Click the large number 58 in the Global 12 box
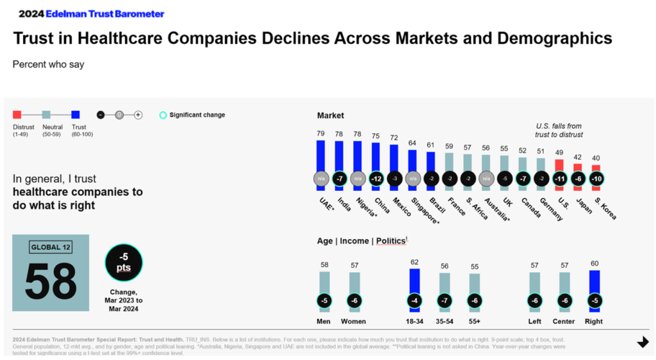point(51,280)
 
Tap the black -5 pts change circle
point(123,263)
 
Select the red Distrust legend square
point(17,115)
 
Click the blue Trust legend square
point(76,115)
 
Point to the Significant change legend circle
point(163,115)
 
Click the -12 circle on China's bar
point(376,179)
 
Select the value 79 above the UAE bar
point(320,134)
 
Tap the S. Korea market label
point(604,208)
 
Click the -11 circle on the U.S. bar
point(559,179)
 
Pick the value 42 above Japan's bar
point(577,157)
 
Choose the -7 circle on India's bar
point(339,179)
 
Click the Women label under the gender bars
point(354,322)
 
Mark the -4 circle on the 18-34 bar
point(414,300)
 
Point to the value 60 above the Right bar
point(594,263)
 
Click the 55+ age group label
point(474,322)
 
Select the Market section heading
point(331,115)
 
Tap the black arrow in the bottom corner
point(643,343)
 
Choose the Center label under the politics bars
point(564,322)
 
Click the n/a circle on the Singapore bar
point(413,179)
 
